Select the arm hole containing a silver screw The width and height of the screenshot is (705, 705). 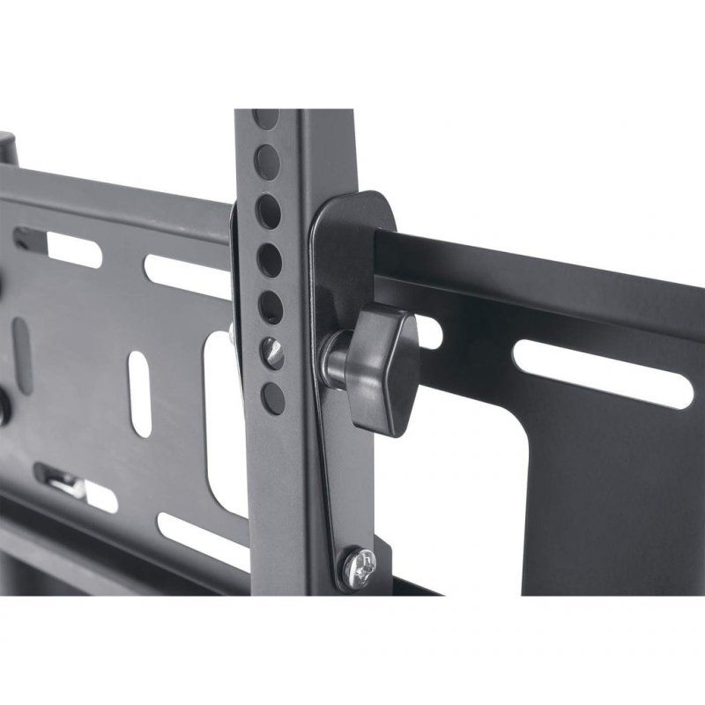[273, 354]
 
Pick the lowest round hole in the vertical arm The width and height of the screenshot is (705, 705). [273, 396]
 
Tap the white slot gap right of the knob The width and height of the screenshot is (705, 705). [429, 332]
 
